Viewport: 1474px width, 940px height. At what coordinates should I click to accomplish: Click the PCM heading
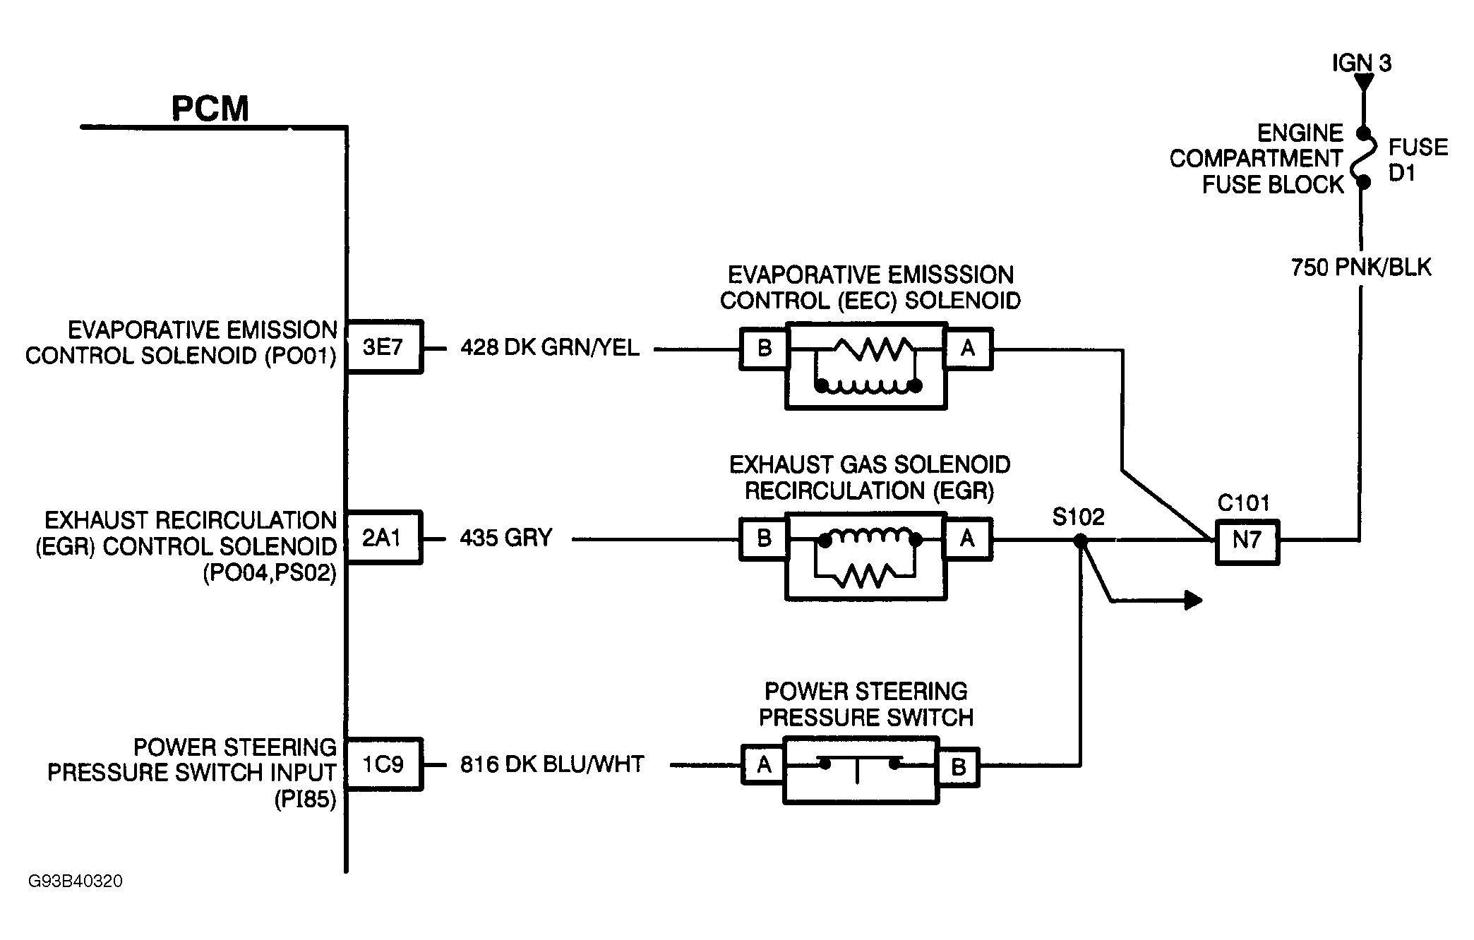(x=210, y=109)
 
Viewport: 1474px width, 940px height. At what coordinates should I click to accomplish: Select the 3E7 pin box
(x=383, y=347)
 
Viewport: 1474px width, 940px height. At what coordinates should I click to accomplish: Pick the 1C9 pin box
(x=383, y=764)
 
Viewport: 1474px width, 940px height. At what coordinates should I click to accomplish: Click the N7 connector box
(x=1247, y=541)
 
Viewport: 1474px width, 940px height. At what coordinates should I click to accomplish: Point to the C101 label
(x=1244, y=503)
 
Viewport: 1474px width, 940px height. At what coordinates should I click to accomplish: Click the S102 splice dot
(x=1080, y=541)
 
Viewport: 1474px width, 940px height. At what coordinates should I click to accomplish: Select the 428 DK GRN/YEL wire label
(x=550, y=347)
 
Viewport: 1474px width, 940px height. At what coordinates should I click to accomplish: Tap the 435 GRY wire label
(x=505, y=538)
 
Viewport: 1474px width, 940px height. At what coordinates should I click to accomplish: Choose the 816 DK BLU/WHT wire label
(x=552, y=764)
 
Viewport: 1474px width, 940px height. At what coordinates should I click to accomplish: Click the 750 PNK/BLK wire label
(x=1360, y=267)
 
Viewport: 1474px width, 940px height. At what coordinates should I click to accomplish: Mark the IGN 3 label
(x=1361, y=64)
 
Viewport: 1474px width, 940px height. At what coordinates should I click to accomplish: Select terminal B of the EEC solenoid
(x=764, y=348)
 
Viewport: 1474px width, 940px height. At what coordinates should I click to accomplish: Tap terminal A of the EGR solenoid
(x=967, y=539)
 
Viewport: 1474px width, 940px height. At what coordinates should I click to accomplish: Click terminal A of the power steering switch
(x=764, y=765)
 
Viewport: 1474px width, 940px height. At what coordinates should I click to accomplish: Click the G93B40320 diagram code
(x=76, y=881)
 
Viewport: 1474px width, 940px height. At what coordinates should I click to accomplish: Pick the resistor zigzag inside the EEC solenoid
(x=874, y=347)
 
